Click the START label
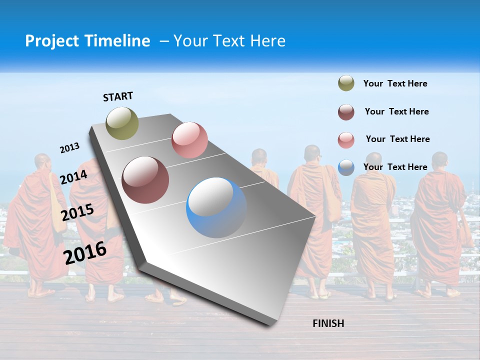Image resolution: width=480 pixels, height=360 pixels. [118, 96]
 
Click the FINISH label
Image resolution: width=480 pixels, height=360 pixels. [328, 323]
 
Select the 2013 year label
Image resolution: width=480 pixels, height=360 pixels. [70, 148]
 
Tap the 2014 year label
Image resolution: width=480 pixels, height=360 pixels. [74, 177]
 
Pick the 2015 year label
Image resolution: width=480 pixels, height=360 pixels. [77, 213]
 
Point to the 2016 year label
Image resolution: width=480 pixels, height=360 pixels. [85, 252]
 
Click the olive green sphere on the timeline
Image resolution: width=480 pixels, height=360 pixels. [122, 123]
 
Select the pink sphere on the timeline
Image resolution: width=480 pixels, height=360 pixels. [189, 140]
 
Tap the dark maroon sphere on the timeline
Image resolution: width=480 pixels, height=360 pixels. [145, 180]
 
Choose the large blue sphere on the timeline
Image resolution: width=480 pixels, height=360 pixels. [216, 207]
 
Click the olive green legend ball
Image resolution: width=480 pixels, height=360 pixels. [346, 83]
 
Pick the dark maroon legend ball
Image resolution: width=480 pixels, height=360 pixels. [346, 112]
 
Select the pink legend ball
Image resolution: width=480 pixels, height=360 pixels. [346, 140]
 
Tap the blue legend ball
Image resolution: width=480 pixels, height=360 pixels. [346, 167]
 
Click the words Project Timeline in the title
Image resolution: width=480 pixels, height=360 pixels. [87, 41]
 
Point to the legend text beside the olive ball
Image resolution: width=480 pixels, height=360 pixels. [395, 84]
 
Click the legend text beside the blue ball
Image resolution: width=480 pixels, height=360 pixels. [395, 167]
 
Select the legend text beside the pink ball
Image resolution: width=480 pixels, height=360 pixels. [397, 139]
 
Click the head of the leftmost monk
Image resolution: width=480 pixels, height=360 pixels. [42, 161]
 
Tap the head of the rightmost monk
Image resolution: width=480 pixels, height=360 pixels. [439, 159]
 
